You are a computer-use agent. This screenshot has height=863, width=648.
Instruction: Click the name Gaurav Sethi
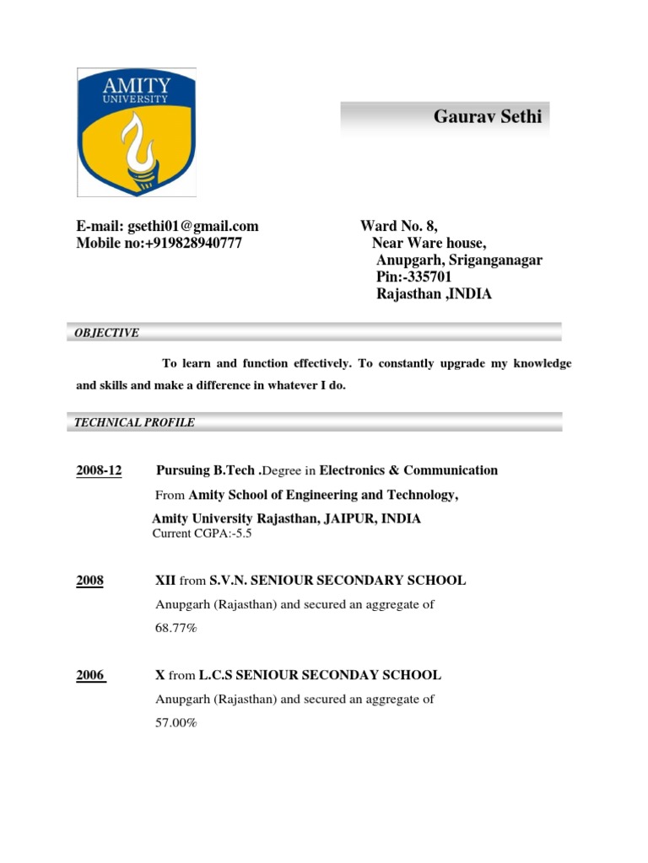476,116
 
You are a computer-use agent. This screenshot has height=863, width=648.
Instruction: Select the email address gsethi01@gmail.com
193,226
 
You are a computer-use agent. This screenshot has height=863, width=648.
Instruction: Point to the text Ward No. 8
398,226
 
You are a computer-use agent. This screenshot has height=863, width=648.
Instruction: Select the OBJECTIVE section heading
106,333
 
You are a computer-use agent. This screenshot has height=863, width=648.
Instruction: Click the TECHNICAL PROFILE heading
134,422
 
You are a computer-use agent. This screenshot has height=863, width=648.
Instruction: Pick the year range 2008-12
99,470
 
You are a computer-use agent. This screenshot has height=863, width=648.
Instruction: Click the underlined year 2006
90,675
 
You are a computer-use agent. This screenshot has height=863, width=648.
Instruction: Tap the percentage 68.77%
176,628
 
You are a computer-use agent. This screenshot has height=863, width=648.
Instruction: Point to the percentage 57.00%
176,722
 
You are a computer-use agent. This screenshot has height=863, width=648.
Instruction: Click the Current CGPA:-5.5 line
190,533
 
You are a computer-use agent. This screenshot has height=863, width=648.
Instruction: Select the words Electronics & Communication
408,470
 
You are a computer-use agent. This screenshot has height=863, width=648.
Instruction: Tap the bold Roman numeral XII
165,580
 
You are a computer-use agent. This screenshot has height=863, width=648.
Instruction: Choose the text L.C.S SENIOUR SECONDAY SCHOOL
320,675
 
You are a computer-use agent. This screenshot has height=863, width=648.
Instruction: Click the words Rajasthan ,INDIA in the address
434,294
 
